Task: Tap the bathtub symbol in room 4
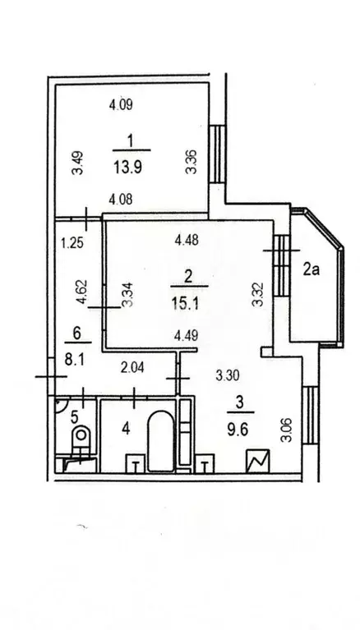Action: pyautogui.click(x=159, y=444)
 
